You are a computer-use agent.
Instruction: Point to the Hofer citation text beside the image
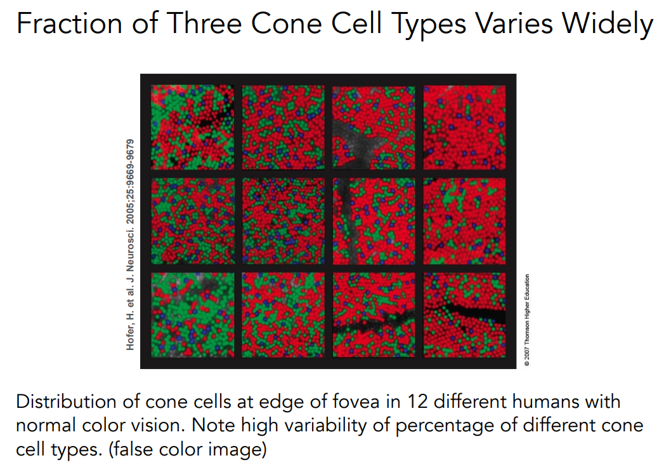pyautogui.click(x=131, y=244)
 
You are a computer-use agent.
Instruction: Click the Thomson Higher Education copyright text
pyautogui.click(x=526, y=320)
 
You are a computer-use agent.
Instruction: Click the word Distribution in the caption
pyautogui.click(x=62, y=403)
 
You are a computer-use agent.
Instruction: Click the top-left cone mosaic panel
pyautogui.click(x=192, y=127)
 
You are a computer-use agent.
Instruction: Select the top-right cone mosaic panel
pyautogui.click(x=464, y=127)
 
